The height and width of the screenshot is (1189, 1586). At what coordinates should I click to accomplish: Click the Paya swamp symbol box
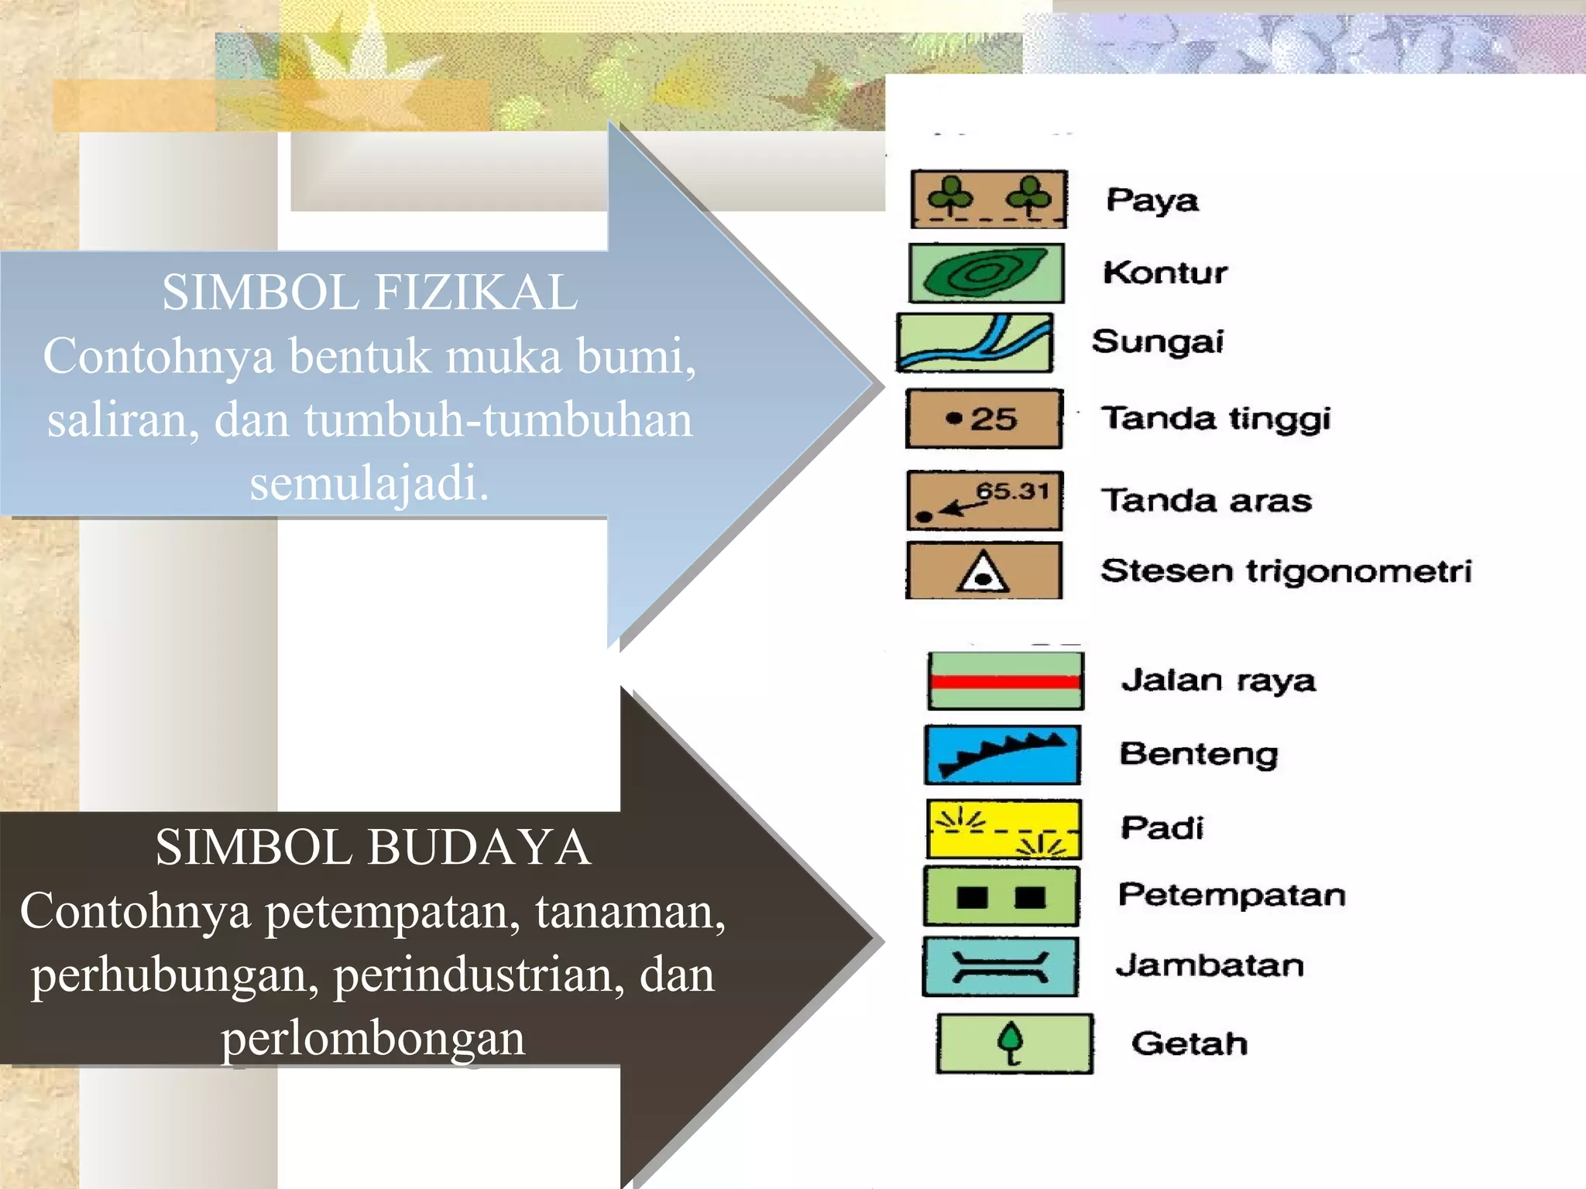pyautogui.click(x=988, y=200)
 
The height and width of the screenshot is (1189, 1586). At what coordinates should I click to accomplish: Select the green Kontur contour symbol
pyautogui.click(x=986, y=272)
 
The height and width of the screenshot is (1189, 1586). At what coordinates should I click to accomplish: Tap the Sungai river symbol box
pyautogui.click(x=974, y=343)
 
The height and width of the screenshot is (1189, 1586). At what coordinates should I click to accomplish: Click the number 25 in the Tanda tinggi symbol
pyautogui.click(x=994, y=420)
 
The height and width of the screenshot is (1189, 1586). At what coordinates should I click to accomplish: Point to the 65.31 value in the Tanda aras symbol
pyautogui.click(x=1013, y=491)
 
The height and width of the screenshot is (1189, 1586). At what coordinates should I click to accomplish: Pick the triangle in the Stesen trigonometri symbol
pyautogui.click(x=983, y=574)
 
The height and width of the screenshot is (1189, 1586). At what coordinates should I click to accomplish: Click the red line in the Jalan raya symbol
pyautogui.click(x=1005, y=682)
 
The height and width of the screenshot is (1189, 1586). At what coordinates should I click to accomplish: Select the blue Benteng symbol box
pyautogui.click(x=1002, y=755)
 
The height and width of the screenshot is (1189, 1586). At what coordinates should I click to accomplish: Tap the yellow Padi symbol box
pyautogui.click(x=1004, y=829)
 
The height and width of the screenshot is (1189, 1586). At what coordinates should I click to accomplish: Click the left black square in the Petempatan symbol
pyautogui.click(x=972, y=897)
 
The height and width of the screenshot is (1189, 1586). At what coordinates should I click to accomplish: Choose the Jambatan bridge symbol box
pyautogui.click(x=1000, y=967)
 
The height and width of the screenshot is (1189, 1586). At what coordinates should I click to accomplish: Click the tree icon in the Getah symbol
pyautogui.click(x=1011, y=1042)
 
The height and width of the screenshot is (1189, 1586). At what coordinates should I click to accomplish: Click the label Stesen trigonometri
pyautogui.click(x=1286, y=571)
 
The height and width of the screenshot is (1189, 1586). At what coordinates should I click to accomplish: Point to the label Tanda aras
pyautogui.click(x=1207, y=501)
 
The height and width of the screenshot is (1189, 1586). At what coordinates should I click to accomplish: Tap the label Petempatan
pyautogui.click(x=1231, y=896)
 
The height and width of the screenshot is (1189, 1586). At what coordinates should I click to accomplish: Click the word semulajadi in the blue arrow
pyautogui.click(x=369, y=483)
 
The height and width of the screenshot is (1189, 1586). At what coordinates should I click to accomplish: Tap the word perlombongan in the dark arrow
pyautogui.click(x=372, y=1039)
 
